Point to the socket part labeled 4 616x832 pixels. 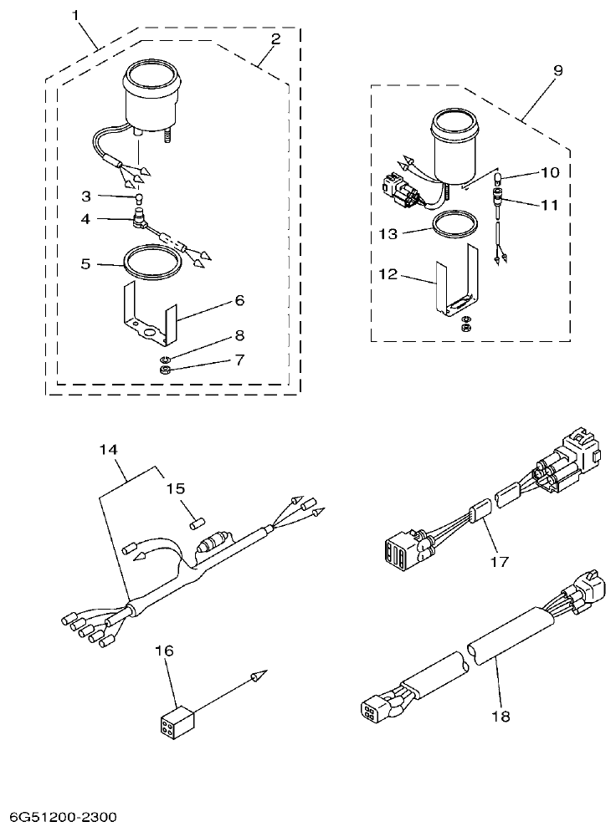tap(139, 222)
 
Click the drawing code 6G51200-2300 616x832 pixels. tap(64, 815)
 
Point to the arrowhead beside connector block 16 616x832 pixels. tap(259, 674)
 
